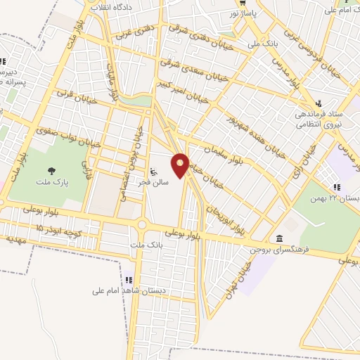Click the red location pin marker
(x=181, y=165)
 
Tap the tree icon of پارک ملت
(x=51, y=171)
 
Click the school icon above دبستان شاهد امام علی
(x=129, y=280)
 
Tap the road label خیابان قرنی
(x=75, y=93)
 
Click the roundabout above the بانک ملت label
(x=143, y=226)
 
